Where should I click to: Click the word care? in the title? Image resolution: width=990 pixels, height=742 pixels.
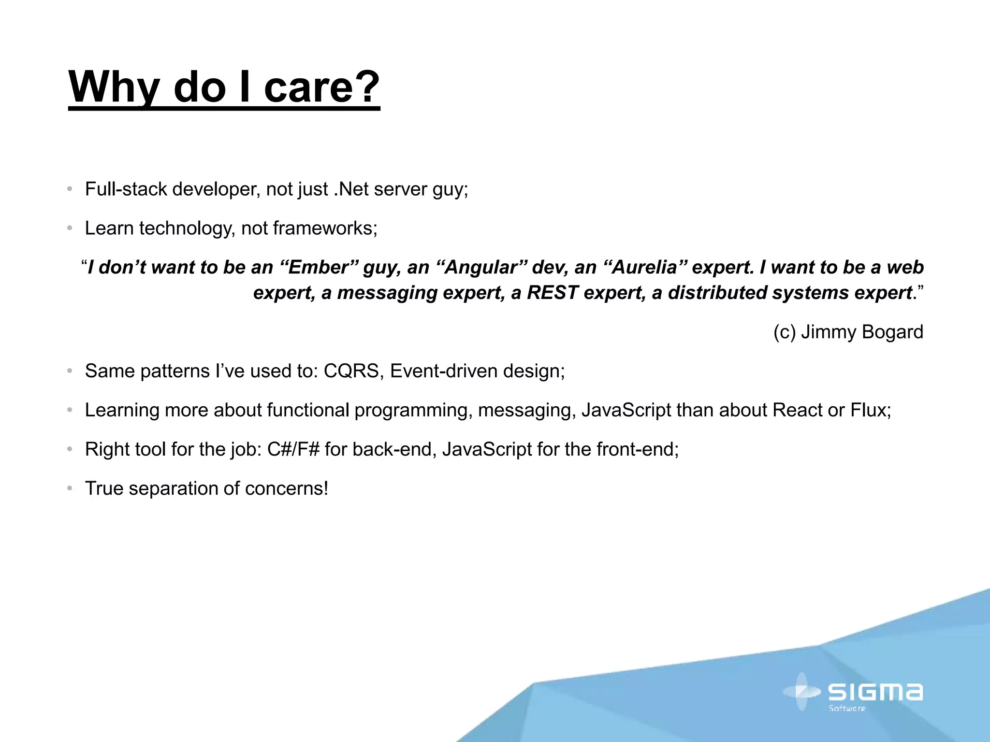321,87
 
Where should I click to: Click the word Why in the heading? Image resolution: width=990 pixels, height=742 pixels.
114,87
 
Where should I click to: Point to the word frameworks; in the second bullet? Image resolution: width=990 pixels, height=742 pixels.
325,228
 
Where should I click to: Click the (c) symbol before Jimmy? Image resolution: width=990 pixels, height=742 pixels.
784,332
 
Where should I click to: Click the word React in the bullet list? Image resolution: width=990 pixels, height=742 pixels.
797,410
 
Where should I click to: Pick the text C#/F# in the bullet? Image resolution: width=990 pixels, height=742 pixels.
293,449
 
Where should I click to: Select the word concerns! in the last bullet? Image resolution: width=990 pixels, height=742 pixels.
287,488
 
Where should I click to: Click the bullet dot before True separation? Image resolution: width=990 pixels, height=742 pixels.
70,488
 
